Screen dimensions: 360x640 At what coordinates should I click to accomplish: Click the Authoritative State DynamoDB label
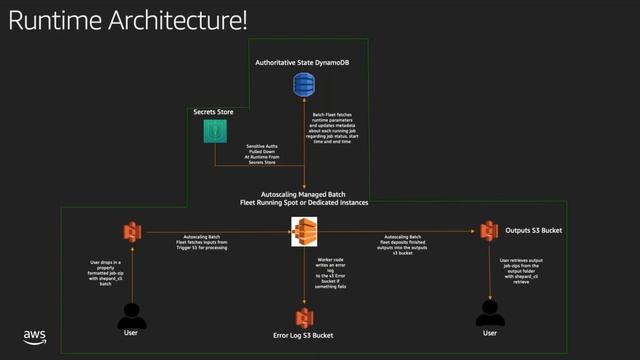pos(302,63)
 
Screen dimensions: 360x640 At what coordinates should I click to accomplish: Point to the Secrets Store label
pos(213,111)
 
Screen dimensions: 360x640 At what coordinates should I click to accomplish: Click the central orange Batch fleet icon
pos(303,231)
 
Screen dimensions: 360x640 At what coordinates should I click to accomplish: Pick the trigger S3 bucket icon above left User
pos(130,231)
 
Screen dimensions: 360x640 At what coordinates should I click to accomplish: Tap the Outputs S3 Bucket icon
pos(489,231)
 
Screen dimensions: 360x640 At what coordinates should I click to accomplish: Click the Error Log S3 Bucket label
pos(303,336)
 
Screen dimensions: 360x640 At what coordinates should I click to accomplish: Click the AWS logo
pos(36,337)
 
